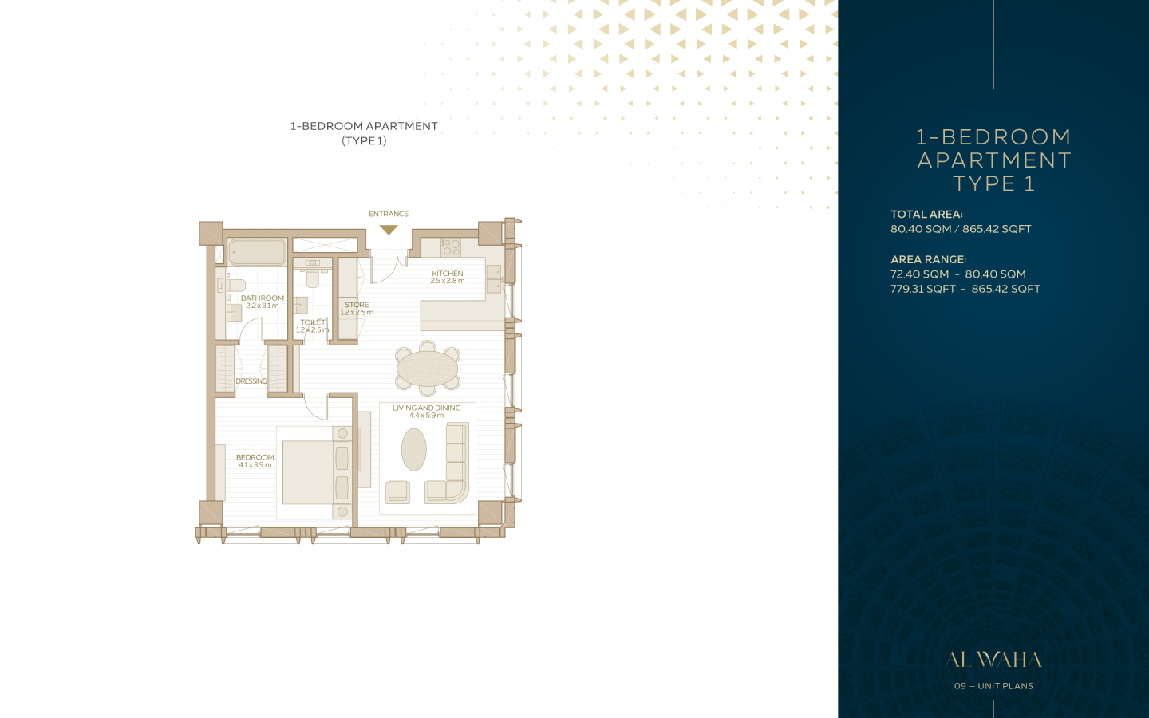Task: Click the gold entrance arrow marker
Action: pos(389,230)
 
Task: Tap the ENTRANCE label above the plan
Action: pos(389,214)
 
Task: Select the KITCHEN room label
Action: pos(448,274)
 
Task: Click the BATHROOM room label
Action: pos(262,298)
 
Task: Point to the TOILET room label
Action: pos(313,322)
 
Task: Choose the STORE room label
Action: pos(357,305)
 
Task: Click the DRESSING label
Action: pos(251,381)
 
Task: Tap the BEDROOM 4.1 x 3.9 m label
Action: pos(255,461)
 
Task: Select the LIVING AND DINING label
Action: pos(427,408)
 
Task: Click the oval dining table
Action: pos(428,369)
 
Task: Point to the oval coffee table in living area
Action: pos(414,449)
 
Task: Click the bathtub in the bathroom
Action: pos(257,252)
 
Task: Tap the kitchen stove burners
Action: pos(451,247)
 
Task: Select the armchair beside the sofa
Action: pos(397,491)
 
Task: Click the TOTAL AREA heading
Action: pos(927,215)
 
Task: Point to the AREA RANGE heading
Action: pos(929,259)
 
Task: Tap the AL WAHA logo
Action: pos(993,660)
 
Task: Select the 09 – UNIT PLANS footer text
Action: pos(993,686)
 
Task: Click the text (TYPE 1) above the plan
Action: pos(364,140)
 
